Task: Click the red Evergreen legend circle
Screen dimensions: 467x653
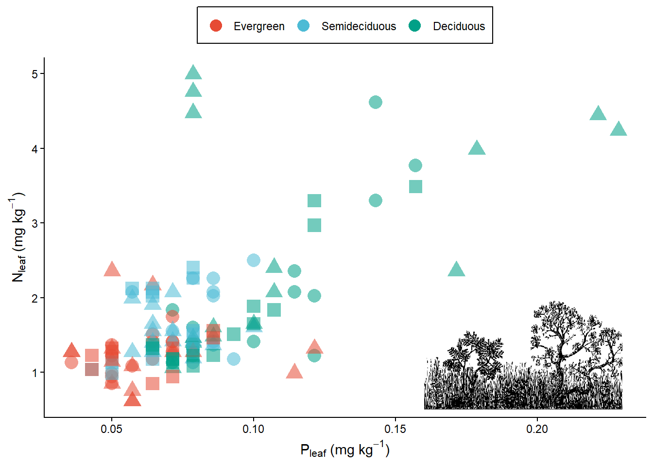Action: tap(216, 26)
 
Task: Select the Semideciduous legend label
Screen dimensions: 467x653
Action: tap(359, 26)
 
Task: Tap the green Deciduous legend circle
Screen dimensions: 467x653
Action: tap(415, 26)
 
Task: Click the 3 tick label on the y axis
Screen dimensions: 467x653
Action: tap(34, 223)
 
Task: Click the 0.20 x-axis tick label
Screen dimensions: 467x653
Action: tap(537, 429)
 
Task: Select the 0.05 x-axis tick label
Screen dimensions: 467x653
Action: tap(111, 429)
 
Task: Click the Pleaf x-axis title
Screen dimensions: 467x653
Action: tap(344, 450)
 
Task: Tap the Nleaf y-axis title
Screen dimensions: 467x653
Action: tap(18, 237)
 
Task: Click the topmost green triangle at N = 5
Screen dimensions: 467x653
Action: tap(193, 73)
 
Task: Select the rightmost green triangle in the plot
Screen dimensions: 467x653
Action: tap(619, 129)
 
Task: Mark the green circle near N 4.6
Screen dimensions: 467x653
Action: tap(375, 102)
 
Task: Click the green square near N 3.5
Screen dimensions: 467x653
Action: tap(415, 186)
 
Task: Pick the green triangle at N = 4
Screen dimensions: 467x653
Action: tap(477, 148)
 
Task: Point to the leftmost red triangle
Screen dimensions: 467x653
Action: tap(71, 350)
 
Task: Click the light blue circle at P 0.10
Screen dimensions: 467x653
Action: tap(253, 260)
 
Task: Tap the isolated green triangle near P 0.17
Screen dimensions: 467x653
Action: tap(456, 269)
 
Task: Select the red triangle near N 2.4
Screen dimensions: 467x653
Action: tap(112, 269)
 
